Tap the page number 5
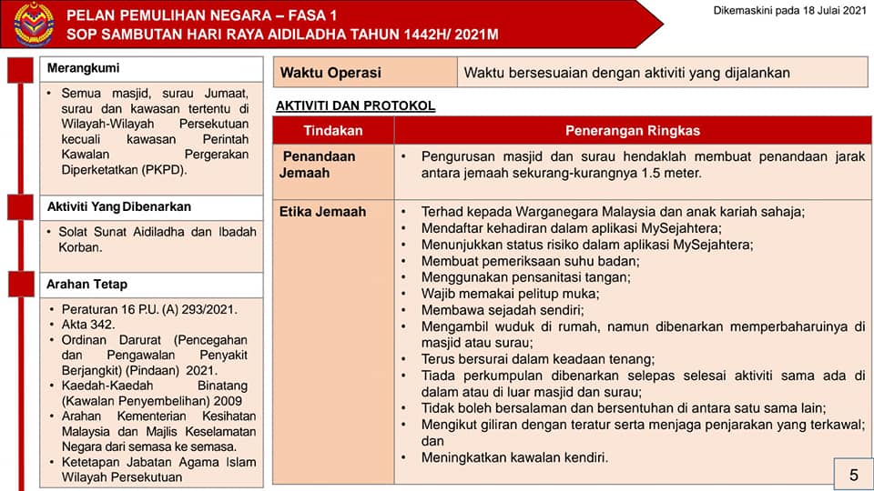[x=853, y=475]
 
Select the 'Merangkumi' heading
[x=83, y=69]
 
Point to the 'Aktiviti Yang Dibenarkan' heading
[x=119, y=206]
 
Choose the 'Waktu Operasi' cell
[x=330, y=73]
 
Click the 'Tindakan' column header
[x=333, y=130]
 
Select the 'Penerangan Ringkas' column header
[x=633, y=130]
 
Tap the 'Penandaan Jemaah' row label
[x=318, y=165]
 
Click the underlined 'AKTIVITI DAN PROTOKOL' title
[x=355, y=106]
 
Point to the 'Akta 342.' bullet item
[x=90, y=324]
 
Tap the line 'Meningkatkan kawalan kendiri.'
[x=514, y=456]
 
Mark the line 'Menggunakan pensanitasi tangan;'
[x=525, y=277]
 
